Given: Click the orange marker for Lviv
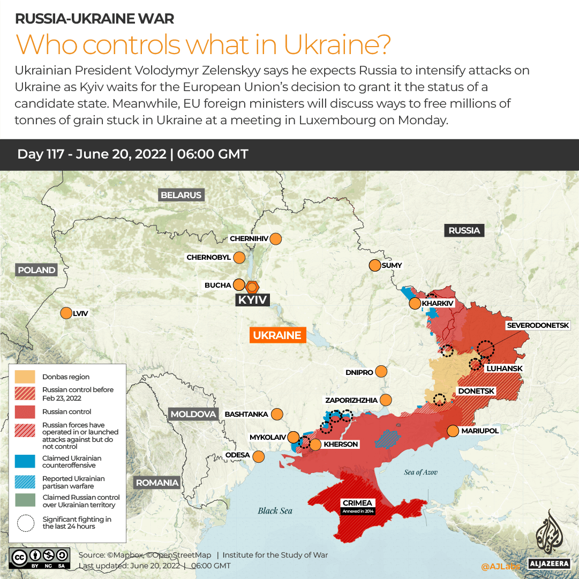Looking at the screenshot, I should pyautogui.click(x=66, y=313).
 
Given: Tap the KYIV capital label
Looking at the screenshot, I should pyautogui.click(x=252, y=300).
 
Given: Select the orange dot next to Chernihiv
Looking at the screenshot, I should pyautogui.click(x=276, y=238).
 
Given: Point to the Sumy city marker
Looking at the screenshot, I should pyautogui.click(x=374, y=265).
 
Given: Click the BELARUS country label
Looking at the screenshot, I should pyautogui.click(x=181, y=195).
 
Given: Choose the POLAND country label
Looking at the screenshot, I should pyautogui.click(x=36, y=270).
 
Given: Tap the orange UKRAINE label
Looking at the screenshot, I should pyautogui.click(x=277, y=335).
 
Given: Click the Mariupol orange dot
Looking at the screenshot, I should pyautogui.click(x=453, y=431).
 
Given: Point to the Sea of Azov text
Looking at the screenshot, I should pyautogui.click(x=420, y=472).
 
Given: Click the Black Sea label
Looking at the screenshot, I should pyautogui.click(x=275, y=510).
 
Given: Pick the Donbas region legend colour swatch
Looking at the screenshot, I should pyautogui.click(x=25, y=377).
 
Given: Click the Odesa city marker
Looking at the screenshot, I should pyautogui.click(x=259, y=456).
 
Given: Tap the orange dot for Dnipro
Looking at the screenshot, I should pyautogui.click(x=381, y=372).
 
